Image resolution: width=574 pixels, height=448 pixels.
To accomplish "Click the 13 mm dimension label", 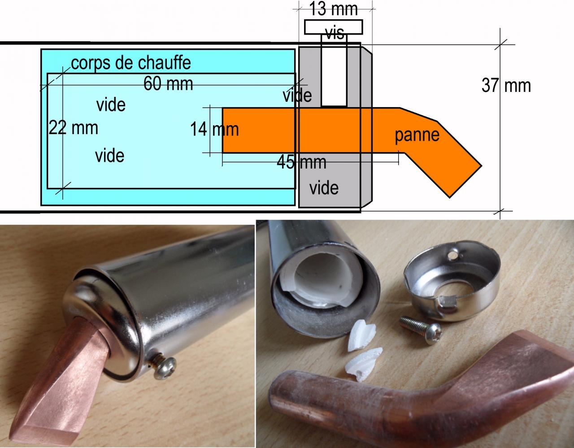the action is [334, 9].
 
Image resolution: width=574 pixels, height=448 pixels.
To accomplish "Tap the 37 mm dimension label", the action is [506, 85].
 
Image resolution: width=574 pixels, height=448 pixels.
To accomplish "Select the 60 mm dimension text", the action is [168, 83].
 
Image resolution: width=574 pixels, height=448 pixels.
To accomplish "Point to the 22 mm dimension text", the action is [74, 128].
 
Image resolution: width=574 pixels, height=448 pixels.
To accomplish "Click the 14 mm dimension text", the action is [214, 130].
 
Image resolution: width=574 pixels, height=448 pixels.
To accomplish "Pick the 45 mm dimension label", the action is [301, 161].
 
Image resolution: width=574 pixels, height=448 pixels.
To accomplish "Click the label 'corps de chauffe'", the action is [131, 63].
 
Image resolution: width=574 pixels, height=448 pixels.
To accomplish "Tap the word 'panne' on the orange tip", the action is [417, 135].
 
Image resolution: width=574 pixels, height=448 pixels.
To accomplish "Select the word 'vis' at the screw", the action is [334, 33].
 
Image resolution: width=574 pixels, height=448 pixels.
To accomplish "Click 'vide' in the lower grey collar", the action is [324, 187].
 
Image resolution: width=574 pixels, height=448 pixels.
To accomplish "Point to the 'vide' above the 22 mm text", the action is [111, 105].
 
